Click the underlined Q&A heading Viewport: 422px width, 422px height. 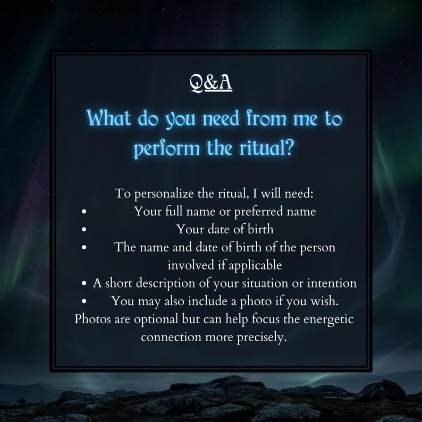pos(211,82)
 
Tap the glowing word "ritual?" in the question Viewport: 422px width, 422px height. pos(269,148)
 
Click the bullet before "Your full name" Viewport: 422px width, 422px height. pos(85,212)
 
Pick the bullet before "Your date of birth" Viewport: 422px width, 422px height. pos(85,230)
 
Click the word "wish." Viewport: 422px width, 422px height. pos(325,301)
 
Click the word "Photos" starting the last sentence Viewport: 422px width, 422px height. pos(92,319)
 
